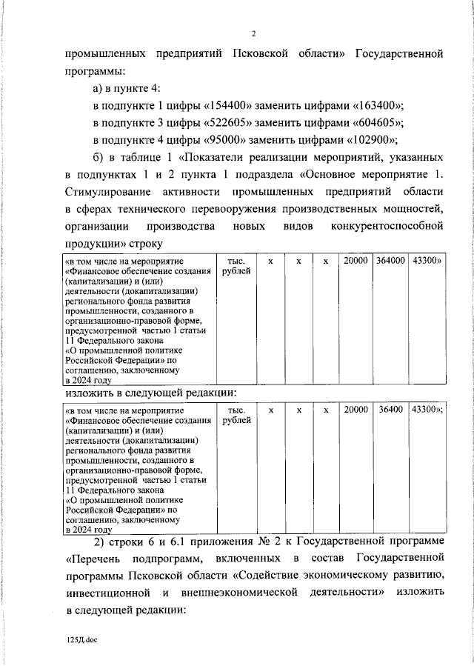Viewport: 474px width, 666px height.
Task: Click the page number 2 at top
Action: (x=253, y=33)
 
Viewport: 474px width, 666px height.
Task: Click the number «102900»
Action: (x=372, y=140)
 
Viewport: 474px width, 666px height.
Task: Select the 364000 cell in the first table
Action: (x=390, y=262)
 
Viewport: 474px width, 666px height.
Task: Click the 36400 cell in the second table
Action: (x=390, y=410)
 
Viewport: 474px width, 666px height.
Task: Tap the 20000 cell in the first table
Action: (x=355, y=262)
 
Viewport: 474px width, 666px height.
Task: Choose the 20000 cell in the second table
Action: (x=355, y=410)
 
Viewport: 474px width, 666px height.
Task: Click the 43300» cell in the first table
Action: (x=426, y=262)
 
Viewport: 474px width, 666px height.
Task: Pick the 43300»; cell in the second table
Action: (x=427, y=410)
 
